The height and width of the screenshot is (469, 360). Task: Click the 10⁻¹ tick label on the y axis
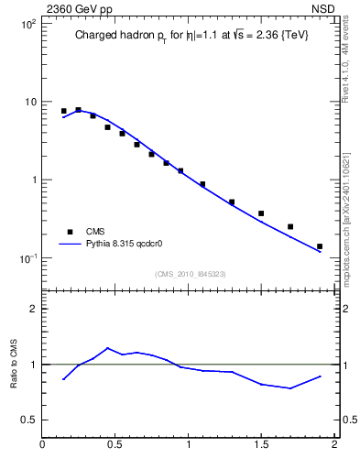coord(27,258)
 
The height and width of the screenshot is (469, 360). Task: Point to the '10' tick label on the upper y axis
coord(30,102)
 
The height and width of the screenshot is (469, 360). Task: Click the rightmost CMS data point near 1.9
coord(320,246)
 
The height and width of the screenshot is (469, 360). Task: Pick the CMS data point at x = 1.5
coord(261,213)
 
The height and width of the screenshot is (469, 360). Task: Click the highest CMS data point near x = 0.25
coord(78,110)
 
